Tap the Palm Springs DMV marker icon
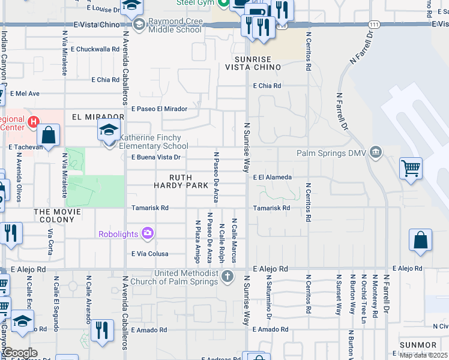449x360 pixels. pyautogui.click(x=376, y=152)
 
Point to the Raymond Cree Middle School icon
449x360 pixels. pyautogui.click(x=139, y=25)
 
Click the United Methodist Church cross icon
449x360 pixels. pyautogui.click(x=227, y=277)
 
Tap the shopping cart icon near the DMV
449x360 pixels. pyautogui.click(x=411, y=168)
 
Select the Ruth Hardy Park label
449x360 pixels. pyautogui.click(x=188, y=181)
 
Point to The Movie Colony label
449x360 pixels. pyautogui.click(x=58, y=212)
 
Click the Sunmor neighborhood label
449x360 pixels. pyautogui.click(x=418, y=345)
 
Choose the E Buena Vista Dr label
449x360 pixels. pyautogui.click(x=156, y=157)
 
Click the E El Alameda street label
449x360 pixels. pyautogui.click(x=272, y=178)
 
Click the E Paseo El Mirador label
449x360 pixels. pyautogui.click(x=160, y=109)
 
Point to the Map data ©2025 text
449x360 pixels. pyautogui.click(x=423, y=355)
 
